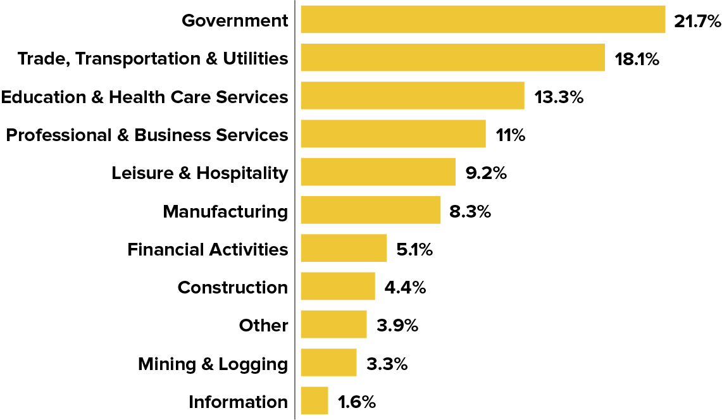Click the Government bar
coord(483,20)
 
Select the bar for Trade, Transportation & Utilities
coord(452,58)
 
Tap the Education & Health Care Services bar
coord(413,96)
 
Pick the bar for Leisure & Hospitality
coord(378,172)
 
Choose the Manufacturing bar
coord(370,210)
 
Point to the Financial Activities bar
coord(344,248)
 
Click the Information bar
coord(314,401)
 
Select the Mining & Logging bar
coord(328,363)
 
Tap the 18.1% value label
coord(637,59)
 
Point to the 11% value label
coord(511,135)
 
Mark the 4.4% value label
coord(405,288)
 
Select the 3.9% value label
coord(397,326)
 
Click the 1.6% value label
coord(357,402)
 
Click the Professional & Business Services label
coord(147,135)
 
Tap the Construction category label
coord(232,287)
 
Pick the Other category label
coord(263,325)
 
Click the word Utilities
coord(255,58)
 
